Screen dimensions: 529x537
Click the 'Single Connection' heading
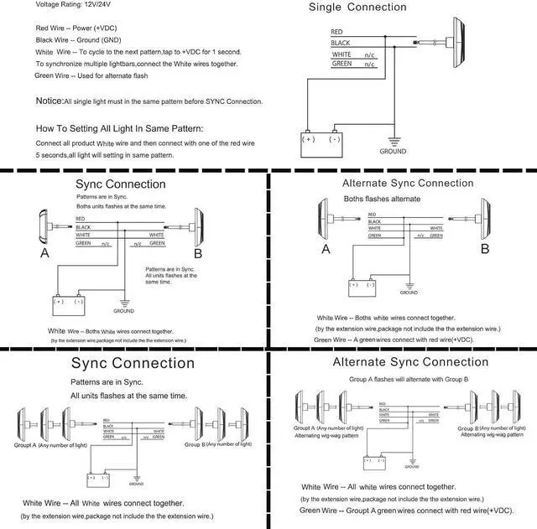click(x=357, y=8)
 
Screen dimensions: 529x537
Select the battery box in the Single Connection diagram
click(x=322, y=143)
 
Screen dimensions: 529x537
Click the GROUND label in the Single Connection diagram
click(x=393, y=152)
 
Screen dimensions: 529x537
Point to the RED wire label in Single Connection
click(x=337, y=31)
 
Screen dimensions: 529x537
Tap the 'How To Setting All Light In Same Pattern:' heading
click(x=119, y=129)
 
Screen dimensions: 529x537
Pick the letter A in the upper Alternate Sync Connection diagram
click(x=326, y=249)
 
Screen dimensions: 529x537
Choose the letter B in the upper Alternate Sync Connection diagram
click(x=484, y=248)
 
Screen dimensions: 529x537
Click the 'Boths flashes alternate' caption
click(x=383, y=199)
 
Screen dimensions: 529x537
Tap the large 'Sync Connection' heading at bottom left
click(x=133, y=364)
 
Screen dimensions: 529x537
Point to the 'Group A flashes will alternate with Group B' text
click(x=408, y=379)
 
